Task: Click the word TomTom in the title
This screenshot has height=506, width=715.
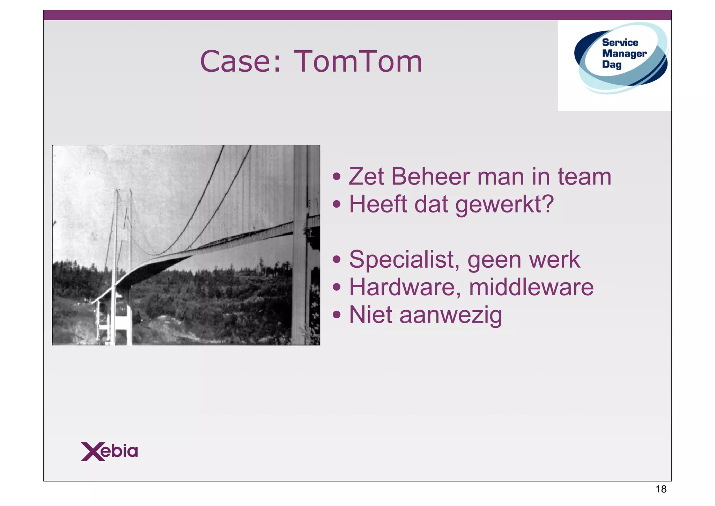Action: [x=358, y=62]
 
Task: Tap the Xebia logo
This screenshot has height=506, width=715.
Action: [x=109, y=451]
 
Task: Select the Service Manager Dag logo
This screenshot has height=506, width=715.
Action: [x=621, y=58]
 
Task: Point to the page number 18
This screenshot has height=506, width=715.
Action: [x=661, y=489]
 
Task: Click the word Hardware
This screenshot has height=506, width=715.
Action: [x=405, y=287]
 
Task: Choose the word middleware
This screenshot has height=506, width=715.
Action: [x=531, y=287]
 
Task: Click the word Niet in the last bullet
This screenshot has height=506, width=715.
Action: [x=370, y=315]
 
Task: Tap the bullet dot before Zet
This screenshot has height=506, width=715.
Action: [x=336, y=177]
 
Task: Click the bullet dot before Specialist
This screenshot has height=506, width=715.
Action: [x=336, y=260]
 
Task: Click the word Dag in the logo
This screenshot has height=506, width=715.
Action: [x=612, y=65]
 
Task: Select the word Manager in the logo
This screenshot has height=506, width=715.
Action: [x=624, y=53]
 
